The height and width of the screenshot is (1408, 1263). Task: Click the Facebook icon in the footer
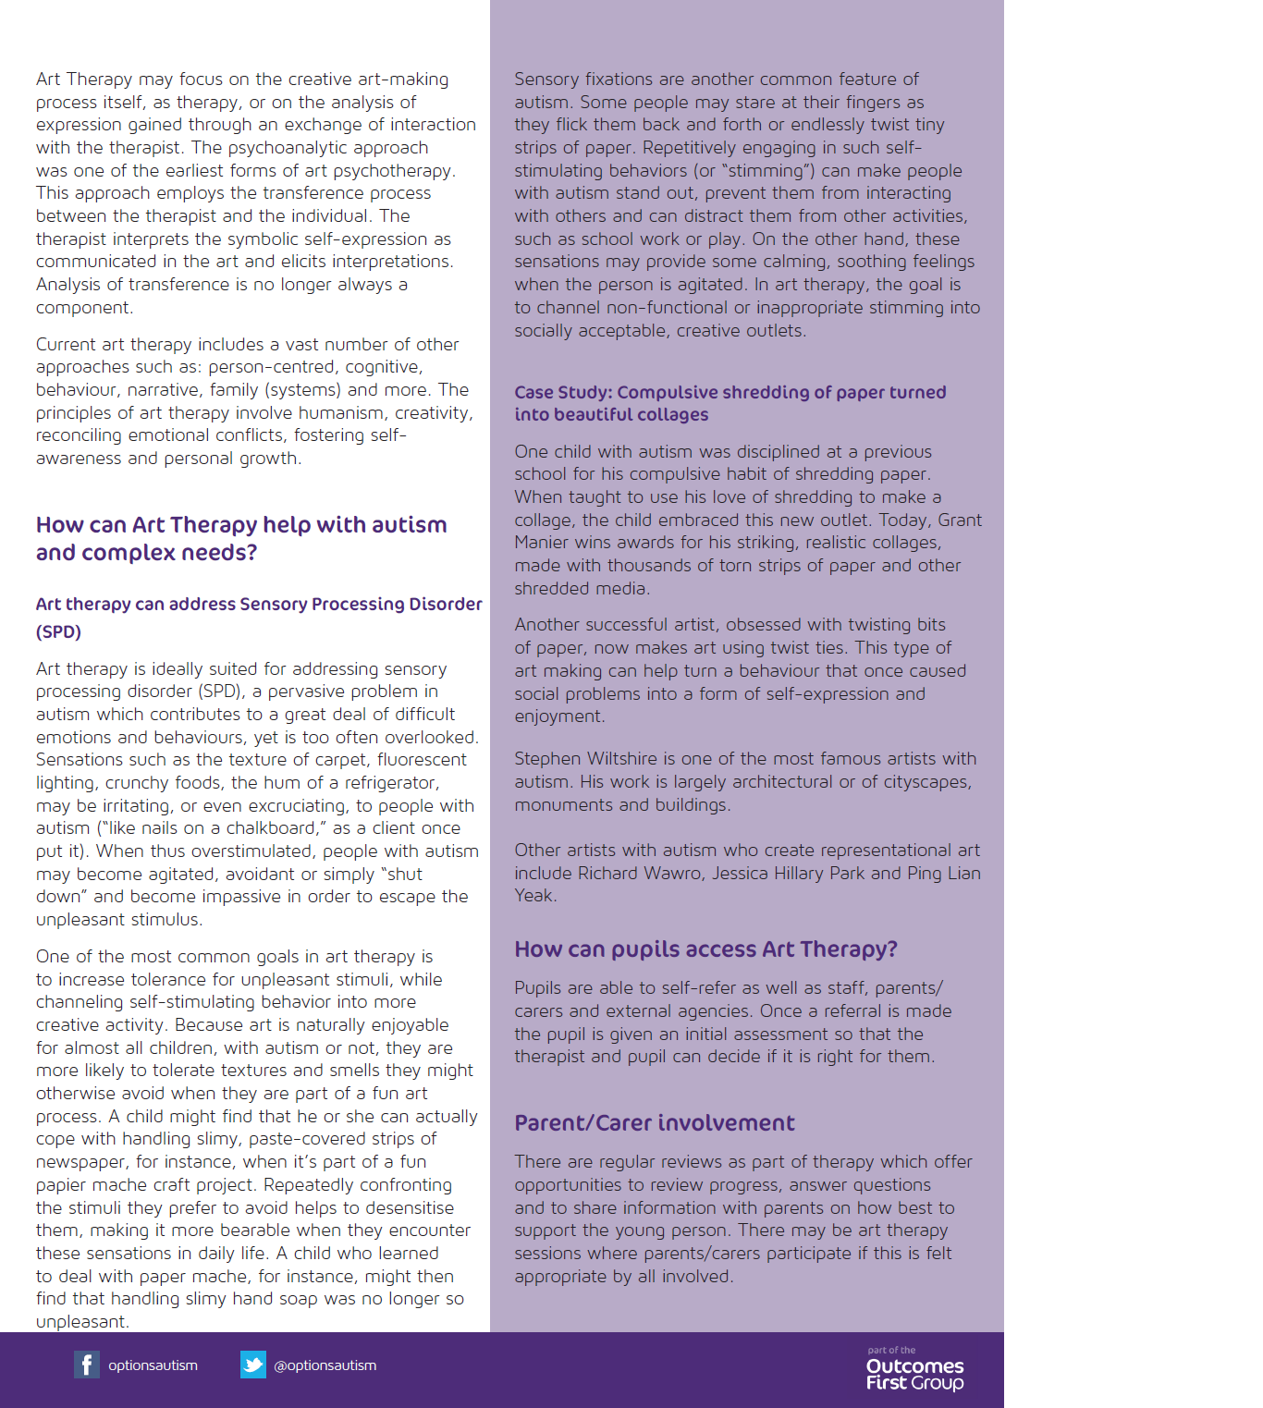point(87,1365)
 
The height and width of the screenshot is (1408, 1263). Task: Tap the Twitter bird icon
point(252,1365)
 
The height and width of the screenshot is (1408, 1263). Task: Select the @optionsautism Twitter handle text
point(325,1365)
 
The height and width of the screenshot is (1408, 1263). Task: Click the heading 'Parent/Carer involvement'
point(655,1123)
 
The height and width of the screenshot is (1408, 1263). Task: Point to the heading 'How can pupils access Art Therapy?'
point(705,949)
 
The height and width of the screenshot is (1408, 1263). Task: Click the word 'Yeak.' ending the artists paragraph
point(536,896)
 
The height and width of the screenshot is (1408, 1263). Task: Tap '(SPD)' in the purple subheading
point(58,632)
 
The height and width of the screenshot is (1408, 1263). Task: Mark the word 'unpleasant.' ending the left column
point(82,1322)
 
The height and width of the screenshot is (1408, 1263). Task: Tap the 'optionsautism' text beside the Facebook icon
point(153,1365)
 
